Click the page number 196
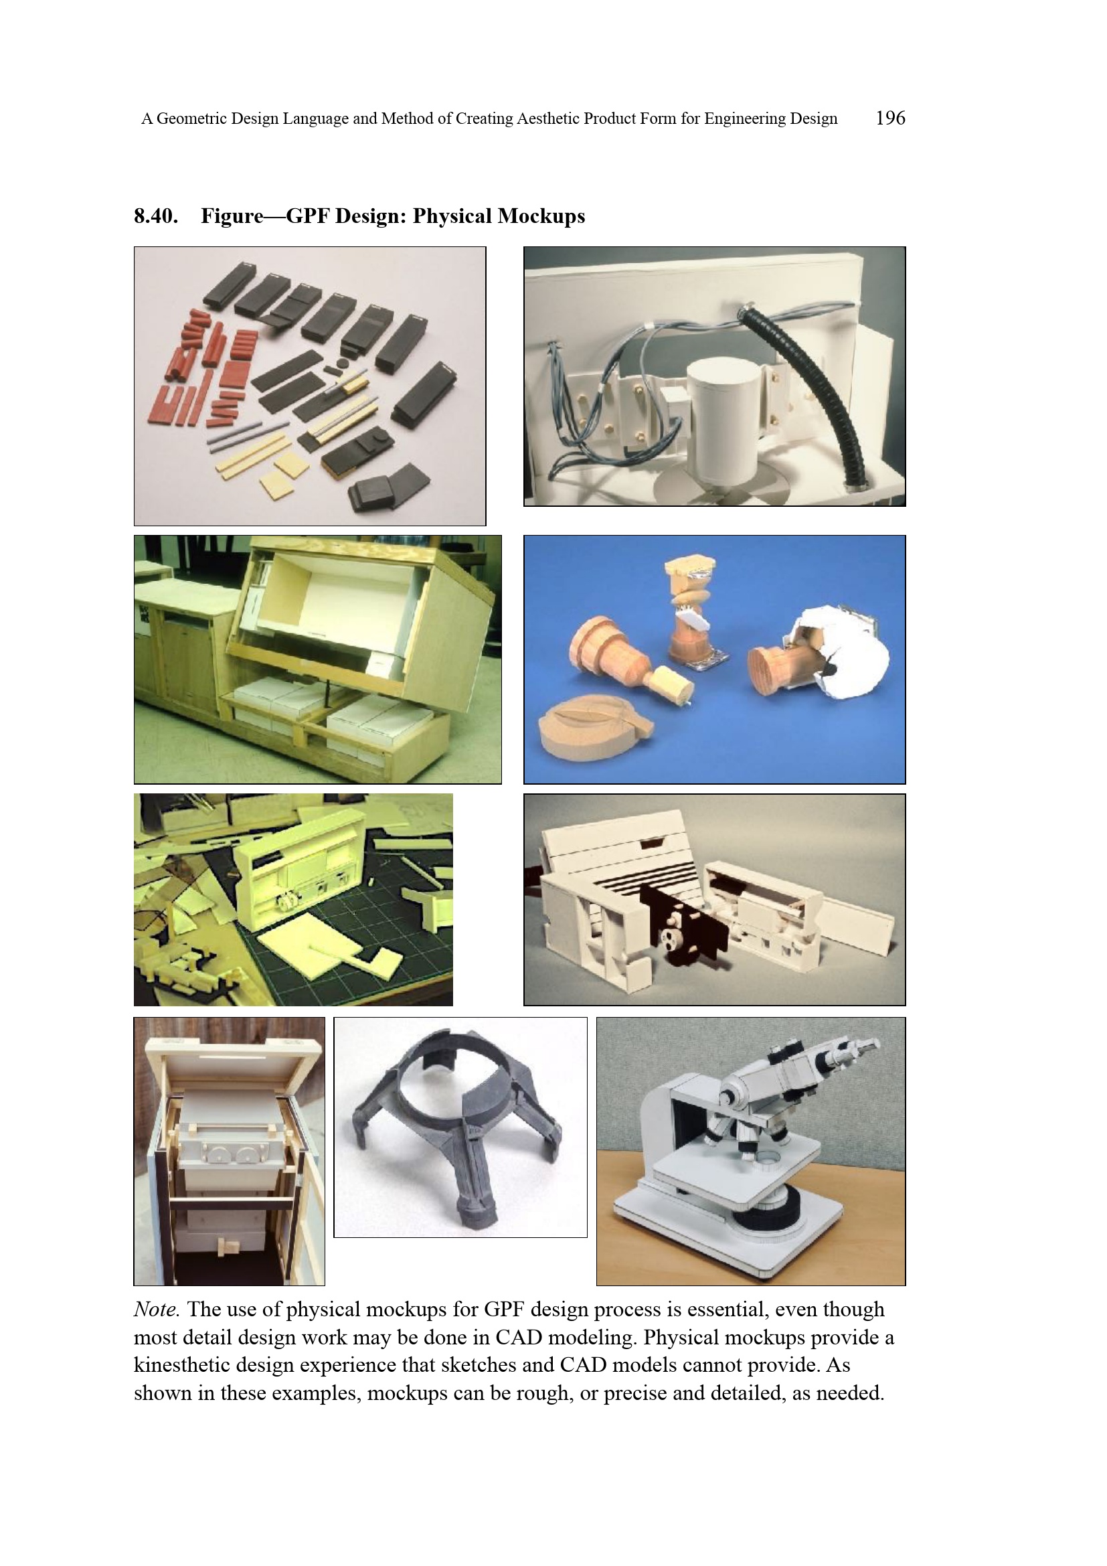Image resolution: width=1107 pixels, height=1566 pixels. (x=890, y=118)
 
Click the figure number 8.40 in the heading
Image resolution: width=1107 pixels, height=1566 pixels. (x=155, y=216)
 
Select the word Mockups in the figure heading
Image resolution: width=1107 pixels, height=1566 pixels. (x=541, y=217)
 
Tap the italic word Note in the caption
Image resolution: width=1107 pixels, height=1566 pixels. (x=156, y=1310)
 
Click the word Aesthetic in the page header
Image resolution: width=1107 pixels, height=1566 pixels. (x=543, y=119)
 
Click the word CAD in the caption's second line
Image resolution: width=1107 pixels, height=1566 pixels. (x=519, y=1338)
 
